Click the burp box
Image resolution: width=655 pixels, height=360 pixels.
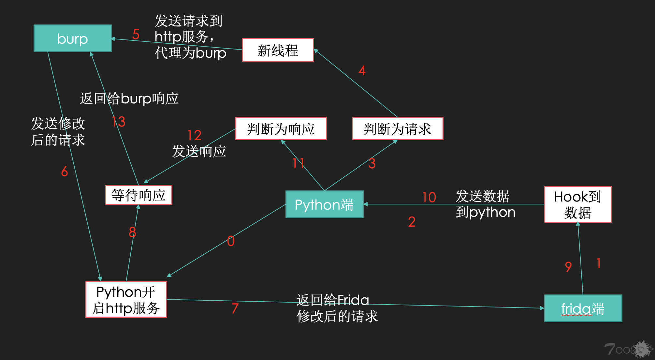point(73,38)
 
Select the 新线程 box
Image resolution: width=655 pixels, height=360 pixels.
point(278,50)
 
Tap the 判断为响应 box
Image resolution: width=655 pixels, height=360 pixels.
point(281,128)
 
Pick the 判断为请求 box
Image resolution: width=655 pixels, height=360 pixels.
point(398,128)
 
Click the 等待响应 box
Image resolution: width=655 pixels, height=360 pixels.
point(138,195)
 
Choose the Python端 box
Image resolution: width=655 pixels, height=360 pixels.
point(324,204)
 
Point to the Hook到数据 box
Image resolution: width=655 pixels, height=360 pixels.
point(578,204)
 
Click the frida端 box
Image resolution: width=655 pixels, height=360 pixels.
point(583,308)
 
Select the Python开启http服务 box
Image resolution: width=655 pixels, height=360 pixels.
point(126,300)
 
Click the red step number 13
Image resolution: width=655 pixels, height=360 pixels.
point(119,122)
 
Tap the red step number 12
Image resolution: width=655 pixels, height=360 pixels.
point(195,135)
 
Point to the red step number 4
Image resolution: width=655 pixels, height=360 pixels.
point(362,70)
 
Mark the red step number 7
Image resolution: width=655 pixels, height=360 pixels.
point(235,308)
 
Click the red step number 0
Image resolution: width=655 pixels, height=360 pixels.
point(231,241)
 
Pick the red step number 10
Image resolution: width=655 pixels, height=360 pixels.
point(429,197)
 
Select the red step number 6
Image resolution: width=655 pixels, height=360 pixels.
point(65,172)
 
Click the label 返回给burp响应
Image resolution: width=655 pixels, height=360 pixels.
point(129,98)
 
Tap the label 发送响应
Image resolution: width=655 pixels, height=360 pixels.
point(199,151)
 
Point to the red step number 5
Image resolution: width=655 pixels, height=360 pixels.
point(136,35)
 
